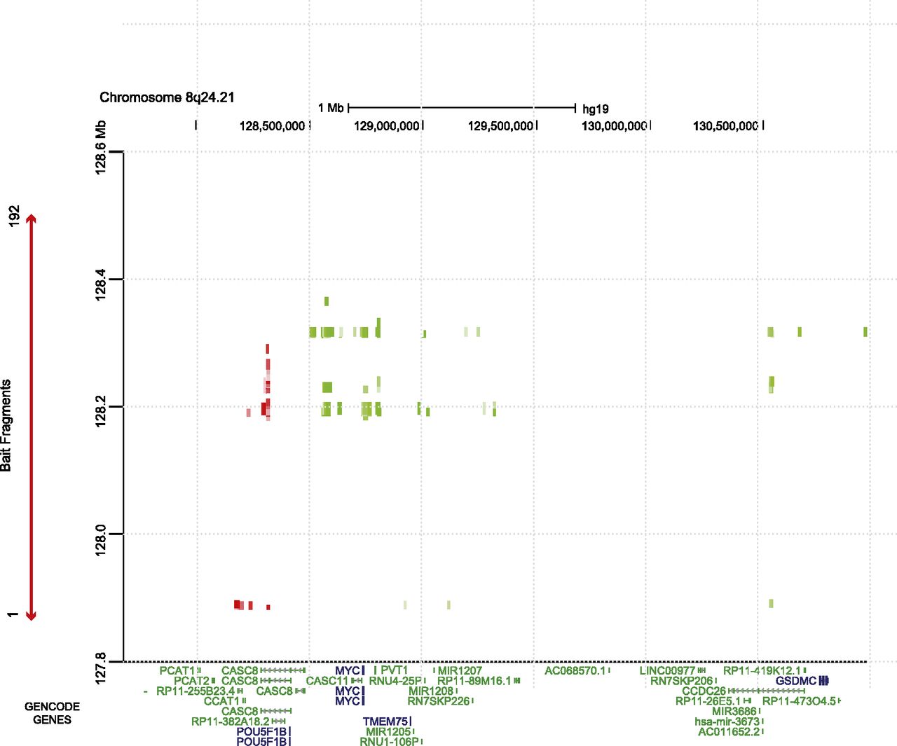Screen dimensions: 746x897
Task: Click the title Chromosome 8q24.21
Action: [167, 97]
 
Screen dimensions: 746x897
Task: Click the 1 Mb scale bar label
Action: [331, 108]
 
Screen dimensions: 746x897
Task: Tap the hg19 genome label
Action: [595, 109]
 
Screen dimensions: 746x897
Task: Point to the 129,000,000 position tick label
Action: [386, 126]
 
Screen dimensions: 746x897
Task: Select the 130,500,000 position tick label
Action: [725, 126]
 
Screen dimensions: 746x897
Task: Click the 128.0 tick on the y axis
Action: [101, 534]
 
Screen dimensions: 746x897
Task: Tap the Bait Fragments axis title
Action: [6, 425]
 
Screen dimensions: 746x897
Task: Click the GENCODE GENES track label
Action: [52, 713]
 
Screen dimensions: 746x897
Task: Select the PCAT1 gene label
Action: [177, 671]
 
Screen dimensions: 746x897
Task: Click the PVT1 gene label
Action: [394, 670]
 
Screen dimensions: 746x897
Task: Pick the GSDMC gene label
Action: [795, 681]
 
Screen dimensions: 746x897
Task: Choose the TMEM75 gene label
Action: [385, 721]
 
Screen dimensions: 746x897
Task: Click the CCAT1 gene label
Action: [221, 701]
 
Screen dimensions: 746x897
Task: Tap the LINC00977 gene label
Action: [667, 671]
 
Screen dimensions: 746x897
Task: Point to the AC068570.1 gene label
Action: [575, 671]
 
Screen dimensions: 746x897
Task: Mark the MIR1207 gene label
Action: [460, 671]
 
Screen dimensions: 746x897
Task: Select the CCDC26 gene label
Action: [704, 691]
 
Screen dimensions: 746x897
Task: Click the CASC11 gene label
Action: [327, 681]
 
